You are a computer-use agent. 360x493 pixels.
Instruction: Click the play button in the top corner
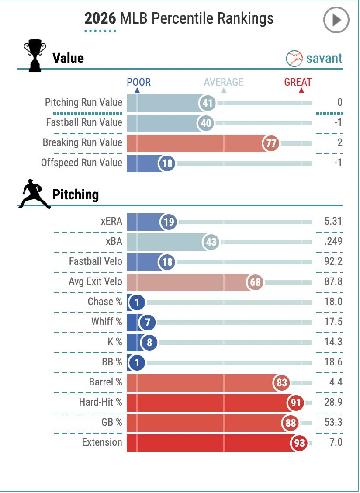[336, 20]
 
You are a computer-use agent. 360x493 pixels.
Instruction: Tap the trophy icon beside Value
[35, 56]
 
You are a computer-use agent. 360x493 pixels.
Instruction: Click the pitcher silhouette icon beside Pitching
[34, 194]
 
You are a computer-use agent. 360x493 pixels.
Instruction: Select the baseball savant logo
[314, 59]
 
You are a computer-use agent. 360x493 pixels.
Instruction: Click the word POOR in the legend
[138, 82]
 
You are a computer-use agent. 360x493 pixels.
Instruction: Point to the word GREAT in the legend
[298, 82]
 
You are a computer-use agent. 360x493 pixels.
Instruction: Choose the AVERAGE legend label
[224, 82]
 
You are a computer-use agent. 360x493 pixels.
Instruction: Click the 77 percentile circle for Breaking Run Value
[271, 143]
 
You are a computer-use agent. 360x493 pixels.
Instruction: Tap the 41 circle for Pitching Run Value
[208, 103]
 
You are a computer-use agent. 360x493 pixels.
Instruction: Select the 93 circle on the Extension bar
[299, 443]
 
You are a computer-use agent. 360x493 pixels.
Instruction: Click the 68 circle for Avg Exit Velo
[255, 282]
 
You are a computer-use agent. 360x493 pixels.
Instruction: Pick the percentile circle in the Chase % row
[137, 302]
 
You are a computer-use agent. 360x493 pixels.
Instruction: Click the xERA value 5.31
[333, 221]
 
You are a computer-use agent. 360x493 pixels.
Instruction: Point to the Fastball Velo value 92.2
[333, 261]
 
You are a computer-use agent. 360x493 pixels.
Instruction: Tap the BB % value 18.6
[333, 362]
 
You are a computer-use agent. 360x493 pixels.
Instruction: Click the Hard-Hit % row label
[100, 402]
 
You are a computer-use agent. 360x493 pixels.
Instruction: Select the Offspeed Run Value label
[81, 163]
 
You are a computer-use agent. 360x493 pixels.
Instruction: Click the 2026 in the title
[100, 18]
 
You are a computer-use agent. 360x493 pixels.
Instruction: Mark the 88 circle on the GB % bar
[290, 423]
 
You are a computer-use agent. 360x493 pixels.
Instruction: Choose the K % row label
[115, 342]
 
